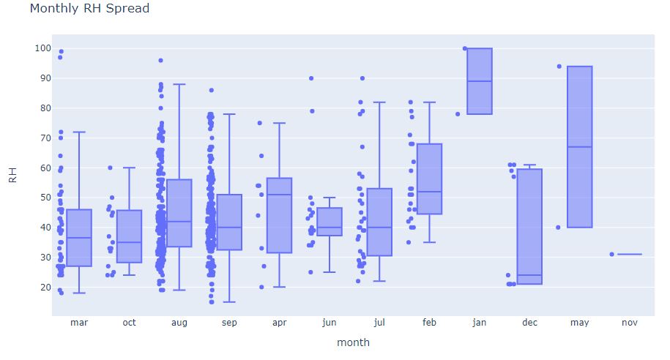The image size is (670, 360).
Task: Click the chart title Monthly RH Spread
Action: click(x=89, y=9)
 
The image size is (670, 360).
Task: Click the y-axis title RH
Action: click(x=12, y=174)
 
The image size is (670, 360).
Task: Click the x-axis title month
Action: click(x=353, y=342)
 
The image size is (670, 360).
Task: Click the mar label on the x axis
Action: click(x=78, y=323)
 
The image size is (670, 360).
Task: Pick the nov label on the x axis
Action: click(x=629, y=323)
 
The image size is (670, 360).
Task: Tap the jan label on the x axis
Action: click(x=480, y=323)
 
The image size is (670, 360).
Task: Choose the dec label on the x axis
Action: click(x=529, y=323)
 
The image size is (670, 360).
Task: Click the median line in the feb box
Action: click(x=429, y=192)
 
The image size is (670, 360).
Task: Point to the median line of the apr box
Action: click(x=279, y=195)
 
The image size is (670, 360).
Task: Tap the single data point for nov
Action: click(x=611, y=255)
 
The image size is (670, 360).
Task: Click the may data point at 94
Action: click(x=559, y=67)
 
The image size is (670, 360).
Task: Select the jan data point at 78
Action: click(x=458, y=114)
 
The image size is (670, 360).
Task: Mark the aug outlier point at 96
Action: click(x=160, y=61)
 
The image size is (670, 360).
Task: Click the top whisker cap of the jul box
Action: click(x=379, y=102)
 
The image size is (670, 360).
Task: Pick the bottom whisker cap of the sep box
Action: click(x=229, y=302)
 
